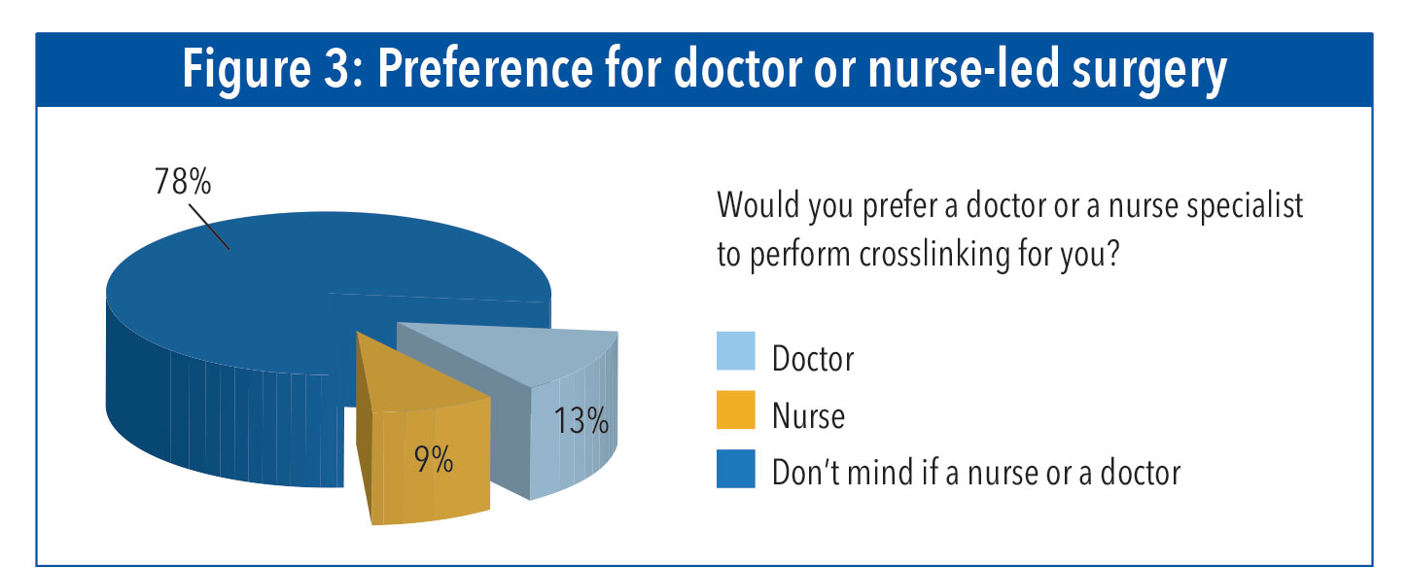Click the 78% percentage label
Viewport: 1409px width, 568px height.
182,182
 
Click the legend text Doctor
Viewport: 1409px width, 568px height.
813,359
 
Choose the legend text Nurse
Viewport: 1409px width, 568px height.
808,416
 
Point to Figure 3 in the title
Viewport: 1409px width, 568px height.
276,71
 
